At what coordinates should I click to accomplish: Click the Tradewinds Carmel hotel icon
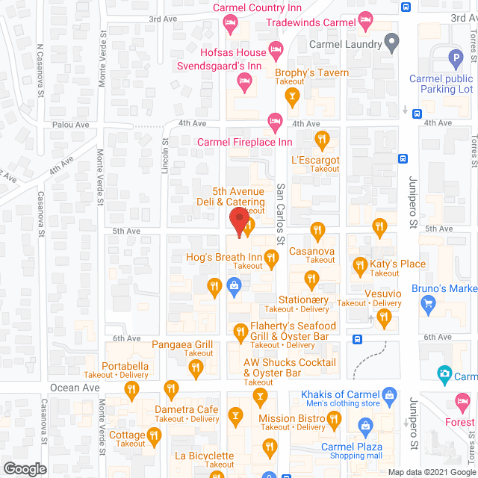[x=365, y=23]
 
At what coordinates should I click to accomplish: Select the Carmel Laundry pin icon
[x=389, y=44]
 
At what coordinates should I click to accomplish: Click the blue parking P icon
[x=454, y=58]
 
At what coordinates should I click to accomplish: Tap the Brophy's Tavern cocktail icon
[x=292, y=96]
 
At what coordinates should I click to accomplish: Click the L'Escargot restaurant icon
[x=322, y=139]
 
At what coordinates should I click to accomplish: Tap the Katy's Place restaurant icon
[x=360, y=264]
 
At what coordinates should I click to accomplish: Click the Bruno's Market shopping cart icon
[x=428, y=302]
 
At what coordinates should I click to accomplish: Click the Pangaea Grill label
[x=183, y=345]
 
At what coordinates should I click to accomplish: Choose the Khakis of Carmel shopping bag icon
[x=388, y=394]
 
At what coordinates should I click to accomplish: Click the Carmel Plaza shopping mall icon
[x=365, y=427]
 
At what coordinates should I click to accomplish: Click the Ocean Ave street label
[x=75, y=388]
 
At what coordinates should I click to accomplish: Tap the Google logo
[x=24, y=468]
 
